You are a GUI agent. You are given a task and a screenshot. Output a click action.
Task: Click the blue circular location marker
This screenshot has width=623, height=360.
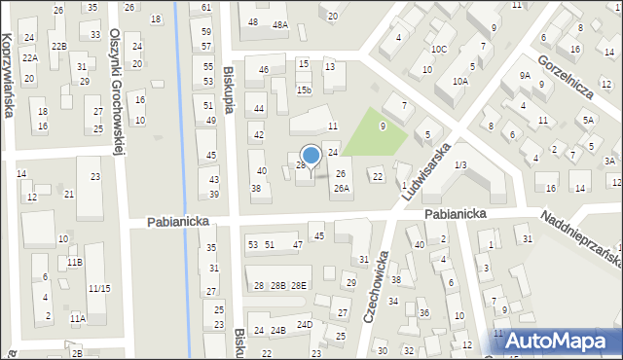(311, 156)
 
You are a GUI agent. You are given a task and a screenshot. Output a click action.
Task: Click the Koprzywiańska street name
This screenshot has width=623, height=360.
(9, 73)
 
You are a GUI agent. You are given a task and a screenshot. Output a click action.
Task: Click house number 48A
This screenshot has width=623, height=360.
(280, 24)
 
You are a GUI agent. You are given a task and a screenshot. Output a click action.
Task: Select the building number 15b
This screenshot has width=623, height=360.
(305, 90)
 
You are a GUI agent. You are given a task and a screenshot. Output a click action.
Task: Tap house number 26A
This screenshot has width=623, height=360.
(341, 189)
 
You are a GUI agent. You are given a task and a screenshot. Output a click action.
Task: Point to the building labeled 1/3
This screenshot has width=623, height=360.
(460, 165)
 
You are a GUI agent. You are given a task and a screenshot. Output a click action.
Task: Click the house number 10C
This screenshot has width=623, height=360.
(439, 49)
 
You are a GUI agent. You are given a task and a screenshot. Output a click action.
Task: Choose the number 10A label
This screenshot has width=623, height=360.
(460, 83)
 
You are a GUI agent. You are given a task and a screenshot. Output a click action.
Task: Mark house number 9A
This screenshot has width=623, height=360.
(524, 75)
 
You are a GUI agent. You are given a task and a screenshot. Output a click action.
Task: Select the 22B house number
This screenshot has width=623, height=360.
(58, 46)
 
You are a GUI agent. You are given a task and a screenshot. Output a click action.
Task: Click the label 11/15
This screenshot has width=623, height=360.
(99, 288)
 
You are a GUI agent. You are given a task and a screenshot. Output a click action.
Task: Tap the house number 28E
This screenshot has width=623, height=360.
(299, 285)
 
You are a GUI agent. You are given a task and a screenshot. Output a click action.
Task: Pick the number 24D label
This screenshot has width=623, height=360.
(305, 324)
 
